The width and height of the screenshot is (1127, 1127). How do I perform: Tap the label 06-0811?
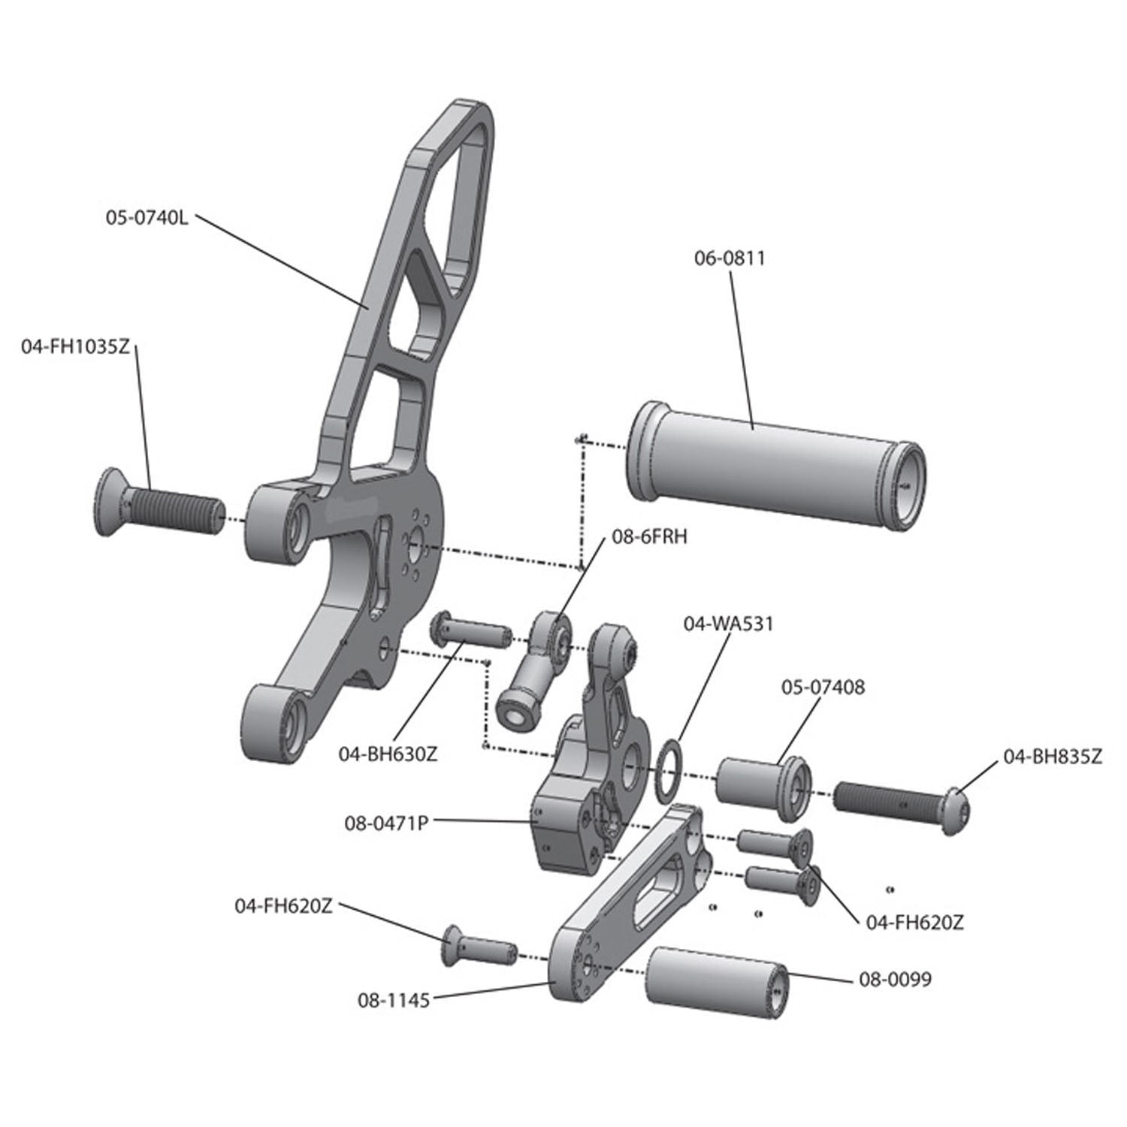click(x=729, y=258)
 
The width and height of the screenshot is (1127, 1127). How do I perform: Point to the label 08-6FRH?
click(x=647, y=537)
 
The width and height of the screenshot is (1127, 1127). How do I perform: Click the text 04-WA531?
click(x=728, y=623)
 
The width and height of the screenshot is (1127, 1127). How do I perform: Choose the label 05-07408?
click(x=823, y=687)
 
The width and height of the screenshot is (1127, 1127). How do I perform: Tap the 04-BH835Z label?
click(x=1053, y=757)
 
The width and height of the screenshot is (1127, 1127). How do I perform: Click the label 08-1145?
click(x=394, y=1000)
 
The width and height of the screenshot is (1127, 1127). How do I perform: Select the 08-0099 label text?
click(x=895, y=979)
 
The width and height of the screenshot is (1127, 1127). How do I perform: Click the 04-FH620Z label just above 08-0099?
click(x=914, y=923)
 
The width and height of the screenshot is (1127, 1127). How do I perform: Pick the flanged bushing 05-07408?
click(x=763, y=786)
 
